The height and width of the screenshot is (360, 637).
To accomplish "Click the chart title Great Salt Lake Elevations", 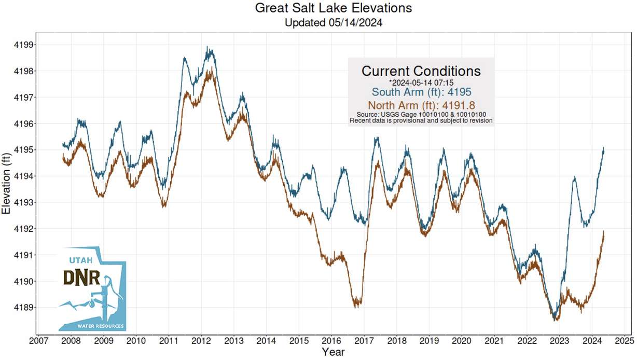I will tap(334, 8).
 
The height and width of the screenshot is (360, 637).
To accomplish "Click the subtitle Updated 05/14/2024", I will tap(334, 22).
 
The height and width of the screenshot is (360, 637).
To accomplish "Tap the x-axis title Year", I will tap(333, 352).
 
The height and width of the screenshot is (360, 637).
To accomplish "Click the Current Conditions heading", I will tap(421, 71).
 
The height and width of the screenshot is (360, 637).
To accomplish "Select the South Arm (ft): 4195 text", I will tap(421, 92).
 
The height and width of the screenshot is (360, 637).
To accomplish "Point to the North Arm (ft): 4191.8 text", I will tap(421, 105).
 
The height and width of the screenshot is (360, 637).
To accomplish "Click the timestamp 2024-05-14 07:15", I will tap(422, 82).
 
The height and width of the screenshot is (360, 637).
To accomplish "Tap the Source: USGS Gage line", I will tap(421, 114).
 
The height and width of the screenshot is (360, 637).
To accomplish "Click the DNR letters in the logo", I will tap(81, 278).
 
